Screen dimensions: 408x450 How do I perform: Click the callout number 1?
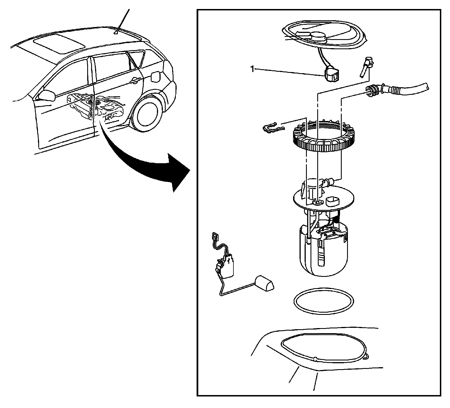[252, 69]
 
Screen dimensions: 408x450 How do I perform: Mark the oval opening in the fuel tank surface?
[323, 349]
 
